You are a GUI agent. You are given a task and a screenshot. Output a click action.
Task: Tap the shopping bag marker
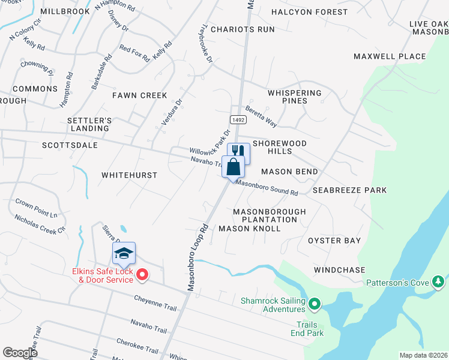pos(233,166)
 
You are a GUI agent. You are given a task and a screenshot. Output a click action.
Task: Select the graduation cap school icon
pos(124,254)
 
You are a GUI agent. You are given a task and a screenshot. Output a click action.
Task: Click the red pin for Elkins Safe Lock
pos(142,275)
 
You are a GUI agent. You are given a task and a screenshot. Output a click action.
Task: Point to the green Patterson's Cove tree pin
pos(439,281)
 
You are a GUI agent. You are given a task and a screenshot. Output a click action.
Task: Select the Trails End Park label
pos(310,329)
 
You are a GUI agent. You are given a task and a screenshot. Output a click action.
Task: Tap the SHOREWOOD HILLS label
pos(280,147)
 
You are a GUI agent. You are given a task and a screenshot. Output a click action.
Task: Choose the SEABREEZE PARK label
pos(349,190)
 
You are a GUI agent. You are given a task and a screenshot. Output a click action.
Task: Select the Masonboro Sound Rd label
pos(267,188)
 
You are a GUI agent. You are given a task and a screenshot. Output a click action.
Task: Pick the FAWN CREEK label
pos(140,95)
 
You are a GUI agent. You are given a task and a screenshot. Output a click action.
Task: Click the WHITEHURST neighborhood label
pos(129,175)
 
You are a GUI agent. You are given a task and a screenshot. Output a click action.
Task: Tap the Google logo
pos(20,353)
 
